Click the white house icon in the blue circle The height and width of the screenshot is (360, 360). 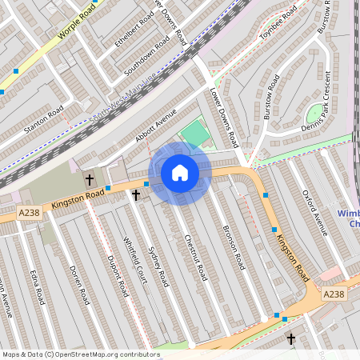coord(180,173)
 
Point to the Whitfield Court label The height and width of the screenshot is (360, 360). coord(135,262)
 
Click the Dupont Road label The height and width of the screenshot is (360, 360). coord(118,277)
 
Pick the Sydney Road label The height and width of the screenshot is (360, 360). coord(158,266)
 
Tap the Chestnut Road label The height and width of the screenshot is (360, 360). coord(195,258)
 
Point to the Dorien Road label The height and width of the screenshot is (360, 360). coord(78,285)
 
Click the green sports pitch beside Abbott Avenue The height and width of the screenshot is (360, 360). coord(194,133)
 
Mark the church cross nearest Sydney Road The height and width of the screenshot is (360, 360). coord(136,194)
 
